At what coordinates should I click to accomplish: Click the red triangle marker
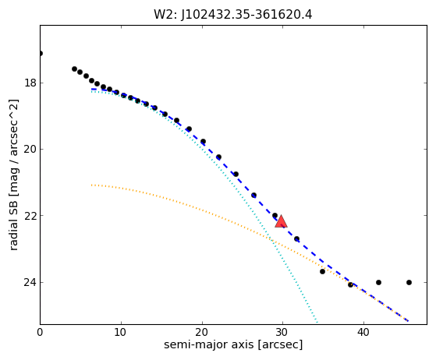pyautogui.click(x=281, y=221)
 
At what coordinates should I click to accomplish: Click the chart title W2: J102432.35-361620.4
pyautogui.click(x=232, y=15)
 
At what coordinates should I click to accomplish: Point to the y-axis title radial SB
pyautogui.click(x=13, y=175)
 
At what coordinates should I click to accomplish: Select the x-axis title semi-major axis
pyautogui.click(x=233, y=344)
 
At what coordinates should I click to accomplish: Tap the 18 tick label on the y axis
pyautogui.click(x=30, y=83)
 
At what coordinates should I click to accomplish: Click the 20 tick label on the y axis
pyautogui.click(x=30, y=149)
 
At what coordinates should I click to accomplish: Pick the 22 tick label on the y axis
pyautogui.click(x=30, y=216)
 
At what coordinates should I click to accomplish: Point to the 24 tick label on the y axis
pyautogui.click(x=30, y=282)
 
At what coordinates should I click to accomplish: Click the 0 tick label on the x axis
pyautogui.click(x=40, y=332)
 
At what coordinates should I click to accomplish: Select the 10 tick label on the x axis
pyautogui.click(x=121, y=332)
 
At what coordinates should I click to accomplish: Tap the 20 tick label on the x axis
pyautogui.click(x=202, y=332)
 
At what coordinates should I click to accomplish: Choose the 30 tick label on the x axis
pyautogui.click(x=282, y=332)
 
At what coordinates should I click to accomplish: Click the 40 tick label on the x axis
pyautogui.click(x=363, y=332)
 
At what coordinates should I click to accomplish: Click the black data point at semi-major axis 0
pyautogui.click(x=41, y=53)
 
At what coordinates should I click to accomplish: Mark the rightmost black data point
pyautogui.click(x=409, y=283)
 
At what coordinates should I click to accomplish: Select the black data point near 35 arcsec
pyautogui.click(x=322, y=271)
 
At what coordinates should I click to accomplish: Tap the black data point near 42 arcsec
pyautogui.click(x=378, y=283)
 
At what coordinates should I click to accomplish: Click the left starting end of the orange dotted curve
pyautogui.click(x=91, y=185)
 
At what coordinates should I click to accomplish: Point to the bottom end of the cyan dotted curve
pyautogui.click(x=317, y=323)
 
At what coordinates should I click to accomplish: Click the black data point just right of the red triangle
pyautogui.click(x=296, y=239)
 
